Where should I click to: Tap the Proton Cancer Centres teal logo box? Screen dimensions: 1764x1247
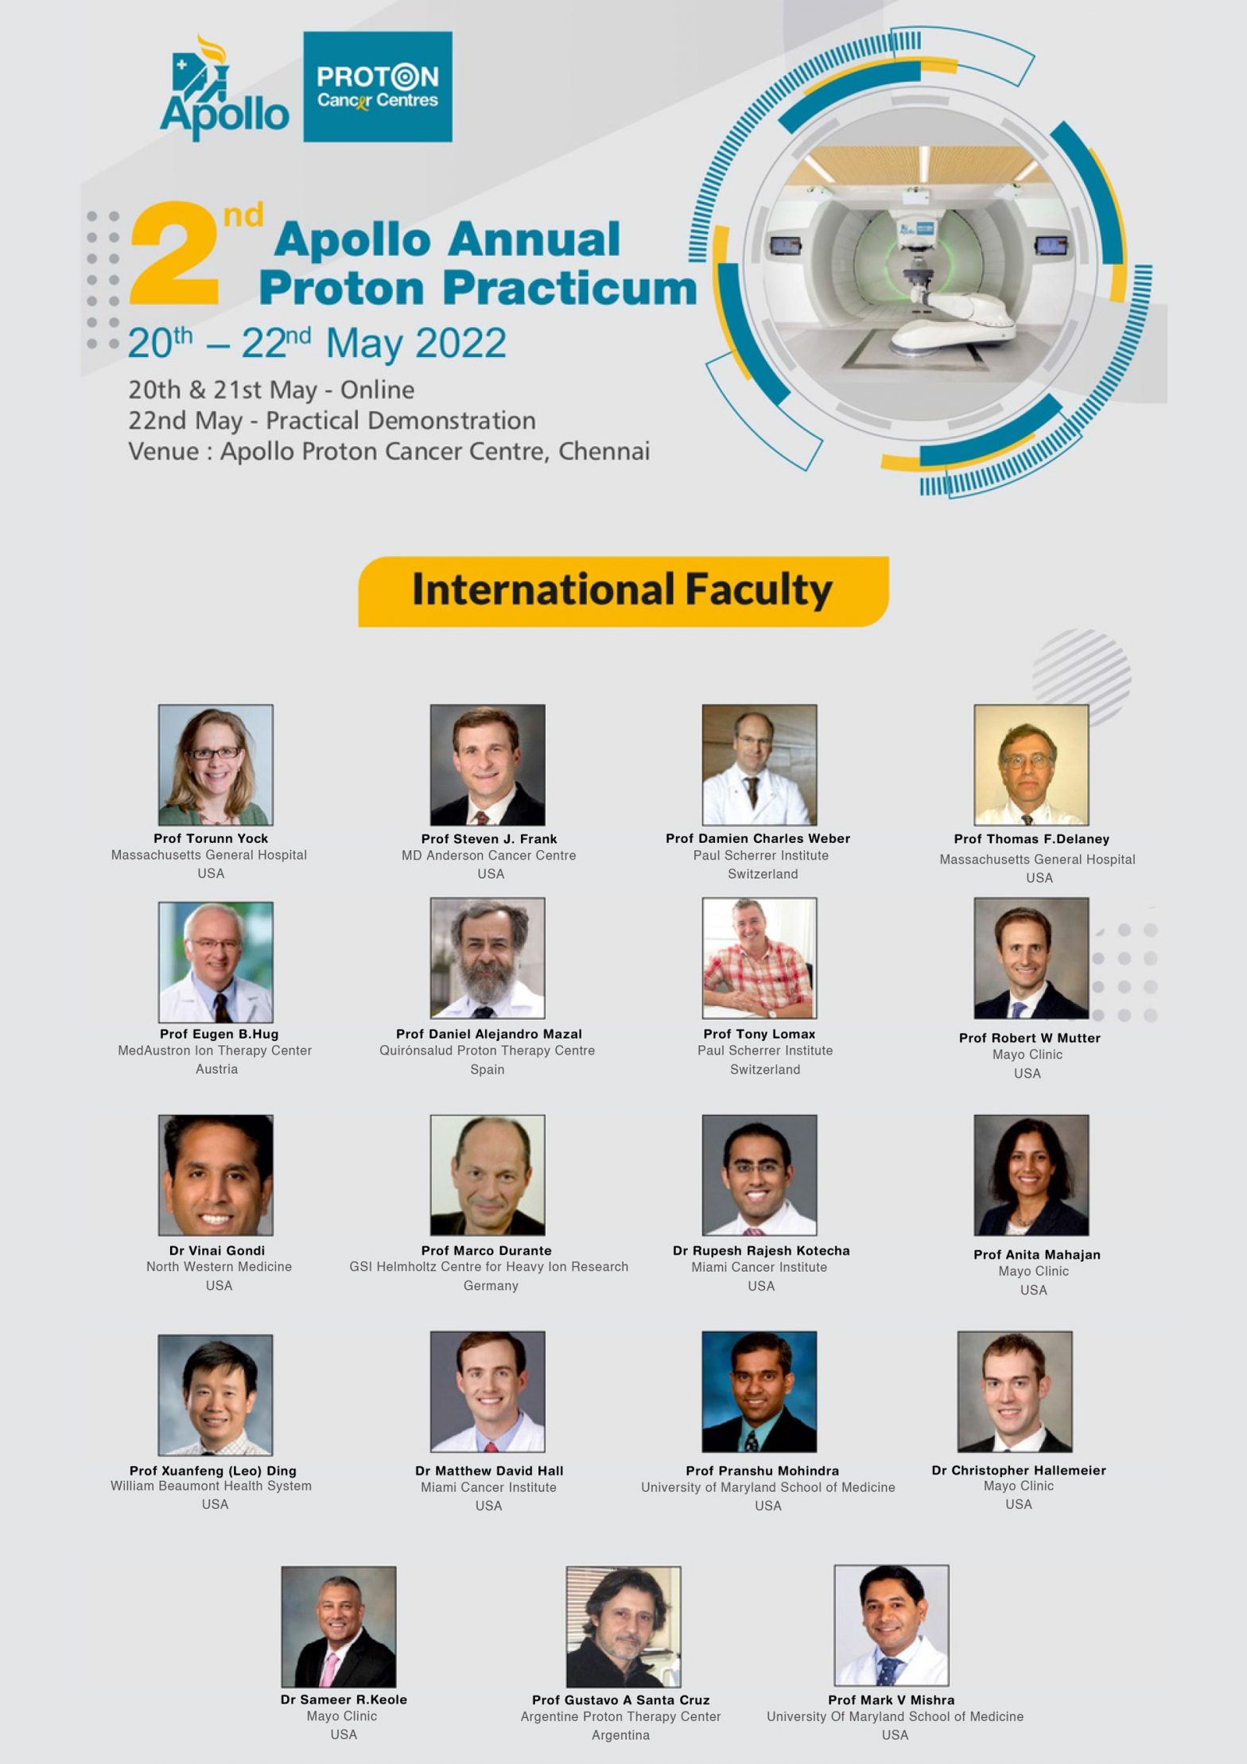pyautogui.click(x=377, y=87)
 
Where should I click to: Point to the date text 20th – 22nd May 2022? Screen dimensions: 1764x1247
pyautogui.click(x=317, y=344)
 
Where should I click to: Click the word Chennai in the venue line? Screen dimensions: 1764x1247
pyautogui.click(x=604, y=451)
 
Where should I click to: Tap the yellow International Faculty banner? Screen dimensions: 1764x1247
pyautogui.click(x=623, y=591)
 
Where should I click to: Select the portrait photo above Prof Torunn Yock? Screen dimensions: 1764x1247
pyautogui.click(x=216, y=764)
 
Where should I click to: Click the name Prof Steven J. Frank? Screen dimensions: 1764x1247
pyautogui.click(x=489, y=838)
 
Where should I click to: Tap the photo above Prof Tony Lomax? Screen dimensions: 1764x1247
pyautogui.click(x=759, y=958)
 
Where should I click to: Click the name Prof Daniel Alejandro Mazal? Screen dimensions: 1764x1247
pyautogui.click(x=489, y=1034)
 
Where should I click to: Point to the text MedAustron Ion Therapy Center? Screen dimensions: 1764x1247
pyautogui.click(x=215, y=1051)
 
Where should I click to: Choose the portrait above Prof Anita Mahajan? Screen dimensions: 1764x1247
pyautogui.click(x=1031, y=1175)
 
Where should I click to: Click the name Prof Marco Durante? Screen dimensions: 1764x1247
pyautogui.click(x=487, y=1250)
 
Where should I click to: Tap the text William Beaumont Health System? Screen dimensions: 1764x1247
pyautogui.click(x=211, y=1486)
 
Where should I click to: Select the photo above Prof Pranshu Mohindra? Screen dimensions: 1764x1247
pyautogui.click(x=759, y=1392)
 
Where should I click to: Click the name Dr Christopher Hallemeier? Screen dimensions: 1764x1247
pyautogui.click(x=1019, y=1470)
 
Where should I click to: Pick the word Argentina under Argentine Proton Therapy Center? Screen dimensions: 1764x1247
pyautogui.click(x=620, y=1735)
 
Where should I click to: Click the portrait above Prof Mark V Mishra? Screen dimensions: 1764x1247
pyautogui.click(x=891, y=1625)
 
